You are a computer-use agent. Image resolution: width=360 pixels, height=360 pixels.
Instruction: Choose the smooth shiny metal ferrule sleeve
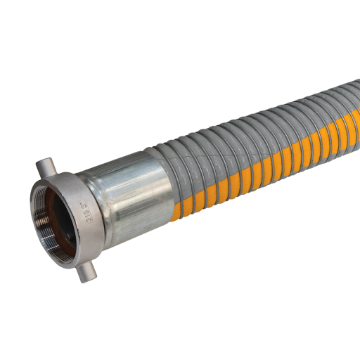[134, 190]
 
